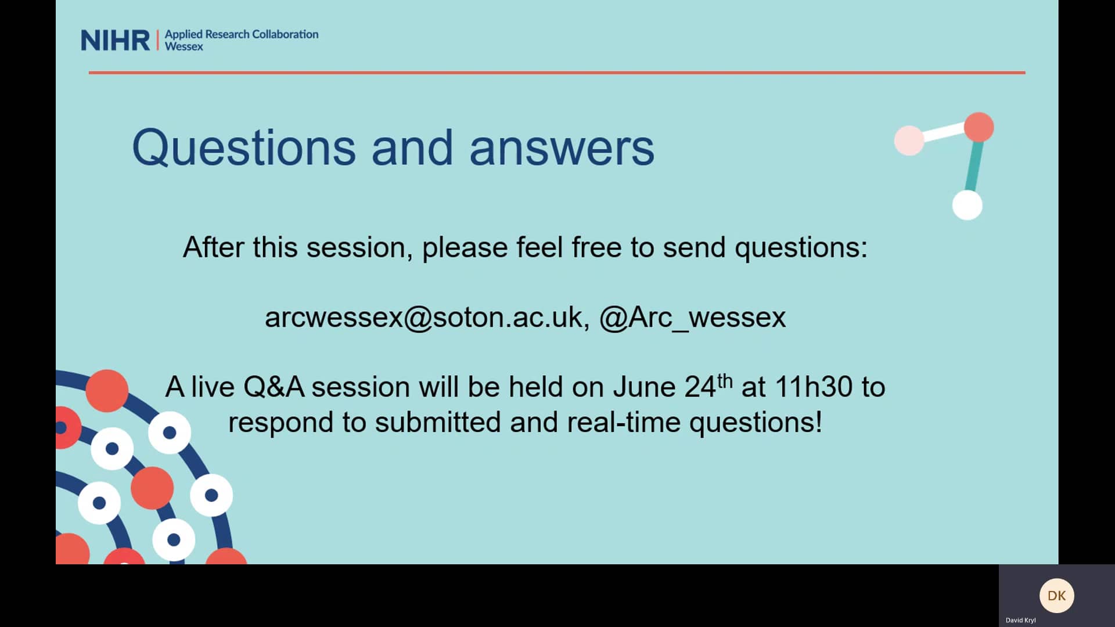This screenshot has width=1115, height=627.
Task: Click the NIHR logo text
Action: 115,41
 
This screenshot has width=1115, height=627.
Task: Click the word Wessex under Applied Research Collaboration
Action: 184,47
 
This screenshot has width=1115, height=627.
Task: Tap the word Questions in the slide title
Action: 243,148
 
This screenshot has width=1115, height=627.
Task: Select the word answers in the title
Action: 562,148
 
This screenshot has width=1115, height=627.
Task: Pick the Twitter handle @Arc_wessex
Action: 692,318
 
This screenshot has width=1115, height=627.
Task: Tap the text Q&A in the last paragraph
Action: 274,387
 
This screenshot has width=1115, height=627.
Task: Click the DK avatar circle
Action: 1056,596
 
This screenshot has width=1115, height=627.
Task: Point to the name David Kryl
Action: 1020,620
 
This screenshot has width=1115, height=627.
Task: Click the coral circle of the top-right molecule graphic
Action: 979,127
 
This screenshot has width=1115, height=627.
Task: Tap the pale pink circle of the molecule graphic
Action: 909,140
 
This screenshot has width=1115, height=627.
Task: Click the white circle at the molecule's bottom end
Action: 967,205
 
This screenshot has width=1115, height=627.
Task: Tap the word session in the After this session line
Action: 355,248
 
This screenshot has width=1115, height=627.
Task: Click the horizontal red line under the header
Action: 556,73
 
